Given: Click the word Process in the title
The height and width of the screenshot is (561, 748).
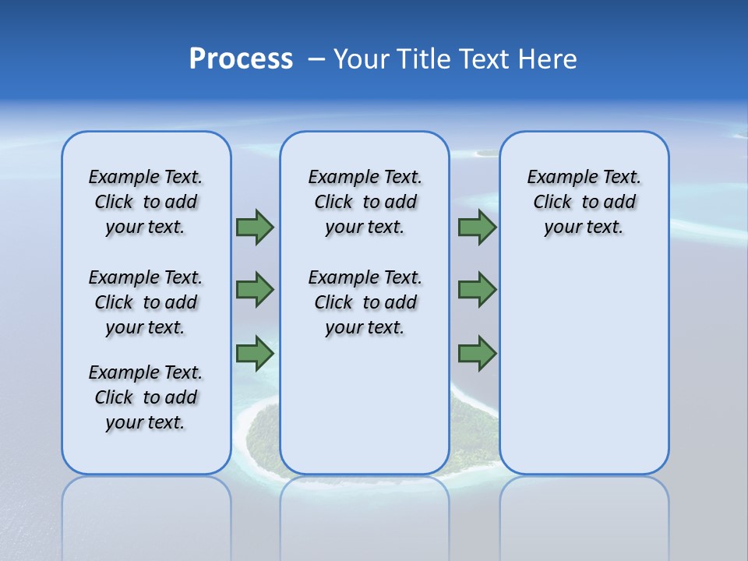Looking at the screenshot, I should (241, 59).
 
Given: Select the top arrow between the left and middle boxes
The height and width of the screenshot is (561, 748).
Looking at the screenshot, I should (255, 227).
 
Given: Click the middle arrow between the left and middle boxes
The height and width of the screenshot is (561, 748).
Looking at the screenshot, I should (255, 290).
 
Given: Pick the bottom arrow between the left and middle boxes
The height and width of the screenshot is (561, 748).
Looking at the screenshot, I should (255, 354).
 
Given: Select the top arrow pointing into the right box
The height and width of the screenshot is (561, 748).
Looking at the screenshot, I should (477, 227).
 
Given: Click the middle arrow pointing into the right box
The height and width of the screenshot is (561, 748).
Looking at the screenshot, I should (477, 290).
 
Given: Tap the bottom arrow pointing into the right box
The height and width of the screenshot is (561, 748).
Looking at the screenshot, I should (477, 354).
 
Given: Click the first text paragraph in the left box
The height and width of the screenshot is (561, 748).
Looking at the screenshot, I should (146, 202).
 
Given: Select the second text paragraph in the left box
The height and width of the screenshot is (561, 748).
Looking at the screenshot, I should (146, 302).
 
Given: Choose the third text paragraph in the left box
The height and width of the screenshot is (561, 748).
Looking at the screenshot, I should (146, 397).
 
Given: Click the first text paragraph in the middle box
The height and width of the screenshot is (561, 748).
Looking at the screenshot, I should (365, 202).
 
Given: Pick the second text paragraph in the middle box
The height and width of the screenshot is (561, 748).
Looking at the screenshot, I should (365, 302).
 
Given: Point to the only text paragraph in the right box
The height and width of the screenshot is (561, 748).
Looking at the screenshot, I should (584, 202).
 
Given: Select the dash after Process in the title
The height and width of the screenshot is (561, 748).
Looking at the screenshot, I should (316, 59).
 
